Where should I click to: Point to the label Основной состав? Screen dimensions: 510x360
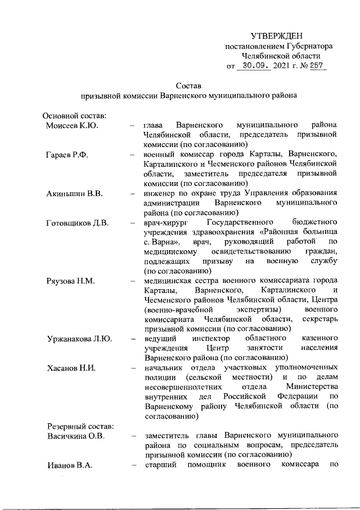coord(71,115)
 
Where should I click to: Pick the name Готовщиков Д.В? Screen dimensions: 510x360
coord(76,222)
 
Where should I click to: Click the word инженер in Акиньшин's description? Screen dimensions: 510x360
coord(160,193)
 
